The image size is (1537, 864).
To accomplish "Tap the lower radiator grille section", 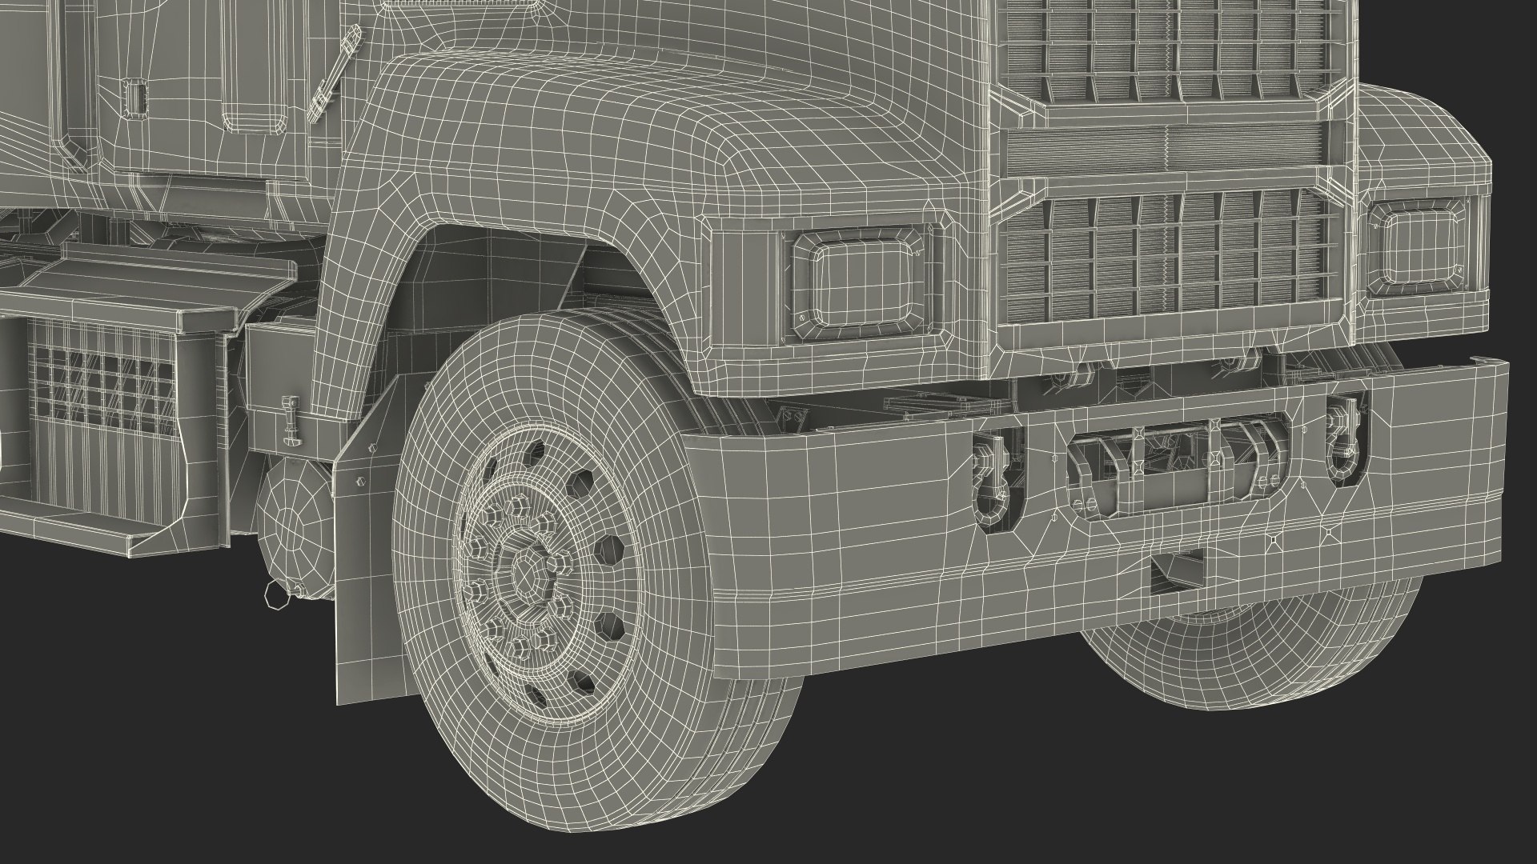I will click(x=1169, y=256).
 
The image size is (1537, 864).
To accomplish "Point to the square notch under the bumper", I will click(x=1177, y=570).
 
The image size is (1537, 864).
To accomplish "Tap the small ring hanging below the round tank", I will click(x=272, y=593).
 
